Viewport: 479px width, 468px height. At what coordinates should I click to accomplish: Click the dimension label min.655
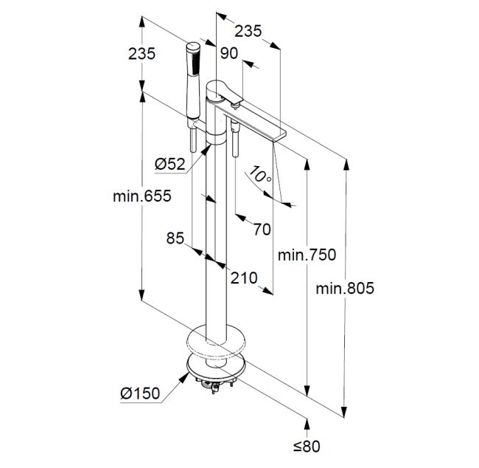click(x=141, y=196)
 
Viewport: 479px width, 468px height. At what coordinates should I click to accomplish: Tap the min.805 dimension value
click(x=345, y=289)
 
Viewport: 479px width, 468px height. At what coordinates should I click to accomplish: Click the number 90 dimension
click(x=229, y=52)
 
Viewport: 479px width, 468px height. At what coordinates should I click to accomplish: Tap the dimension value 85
click(x=175, y=238)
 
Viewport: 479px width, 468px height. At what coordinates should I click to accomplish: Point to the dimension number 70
click(x=261, y=229)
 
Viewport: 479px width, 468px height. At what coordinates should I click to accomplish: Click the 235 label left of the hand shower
click(x=141, y=53)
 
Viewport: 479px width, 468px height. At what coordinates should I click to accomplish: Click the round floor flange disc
click(x=216, y=344)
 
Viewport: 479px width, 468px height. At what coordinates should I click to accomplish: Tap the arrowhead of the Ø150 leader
click(x=183, y=376)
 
